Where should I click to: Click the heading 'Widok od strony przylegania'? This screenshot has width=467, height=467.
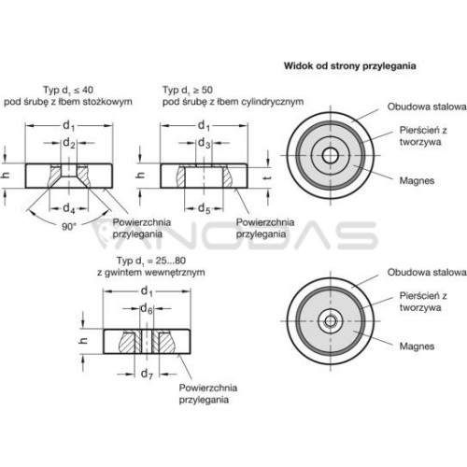[x=349, y=66]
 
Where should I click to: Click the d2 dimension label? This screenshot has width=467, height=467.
[x=69, y=143]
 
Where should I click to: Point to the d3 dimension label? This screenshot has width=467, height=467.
[x=205, y=143]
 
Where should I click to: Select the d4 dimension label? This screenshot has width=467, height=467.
[x=69, y=208]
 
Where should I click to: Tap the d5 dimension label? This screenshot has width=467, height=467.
[x=205, y=208]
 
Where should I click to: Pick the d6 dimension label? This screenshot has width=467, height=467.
[x=147, y=309]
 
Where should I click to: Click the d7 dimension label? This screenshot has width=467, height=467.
[x=147, y=374]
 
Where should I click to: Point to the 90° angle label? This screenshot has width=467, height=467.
[x=69, y=227]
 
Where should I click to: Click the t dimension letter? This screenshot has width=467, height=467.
[x=268, y=177]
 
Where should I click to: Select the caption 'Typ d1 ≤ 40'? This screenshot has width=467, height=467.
[x=68, y=91]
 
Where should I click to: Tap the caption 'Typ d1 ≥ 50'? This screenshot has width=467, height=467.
[x=188, y=91]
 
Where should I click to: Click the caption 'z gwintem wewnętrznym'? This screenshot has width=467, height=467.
[x=151, y=273]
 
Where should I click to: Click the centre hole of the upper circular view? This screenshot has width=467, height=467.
[x=330, y=155]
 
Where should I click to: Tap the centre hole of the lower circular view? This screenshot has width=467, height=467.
[x=330, y=321]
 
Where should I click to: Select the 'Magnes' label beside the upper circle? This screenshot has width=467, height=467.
[x=417, y=181]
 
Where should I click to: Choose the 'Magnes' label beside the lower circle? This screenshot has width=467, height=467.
[x=417, y=347]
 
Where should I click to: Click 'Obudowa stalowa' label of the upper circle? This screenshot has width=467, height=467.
[x=427, y=106]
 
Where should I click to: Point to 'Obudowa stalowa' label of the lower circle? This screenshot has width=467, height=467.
[x=427, y=273]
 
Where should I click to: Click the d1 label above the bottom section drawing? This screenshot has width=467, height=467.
[x=147, y=291]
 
